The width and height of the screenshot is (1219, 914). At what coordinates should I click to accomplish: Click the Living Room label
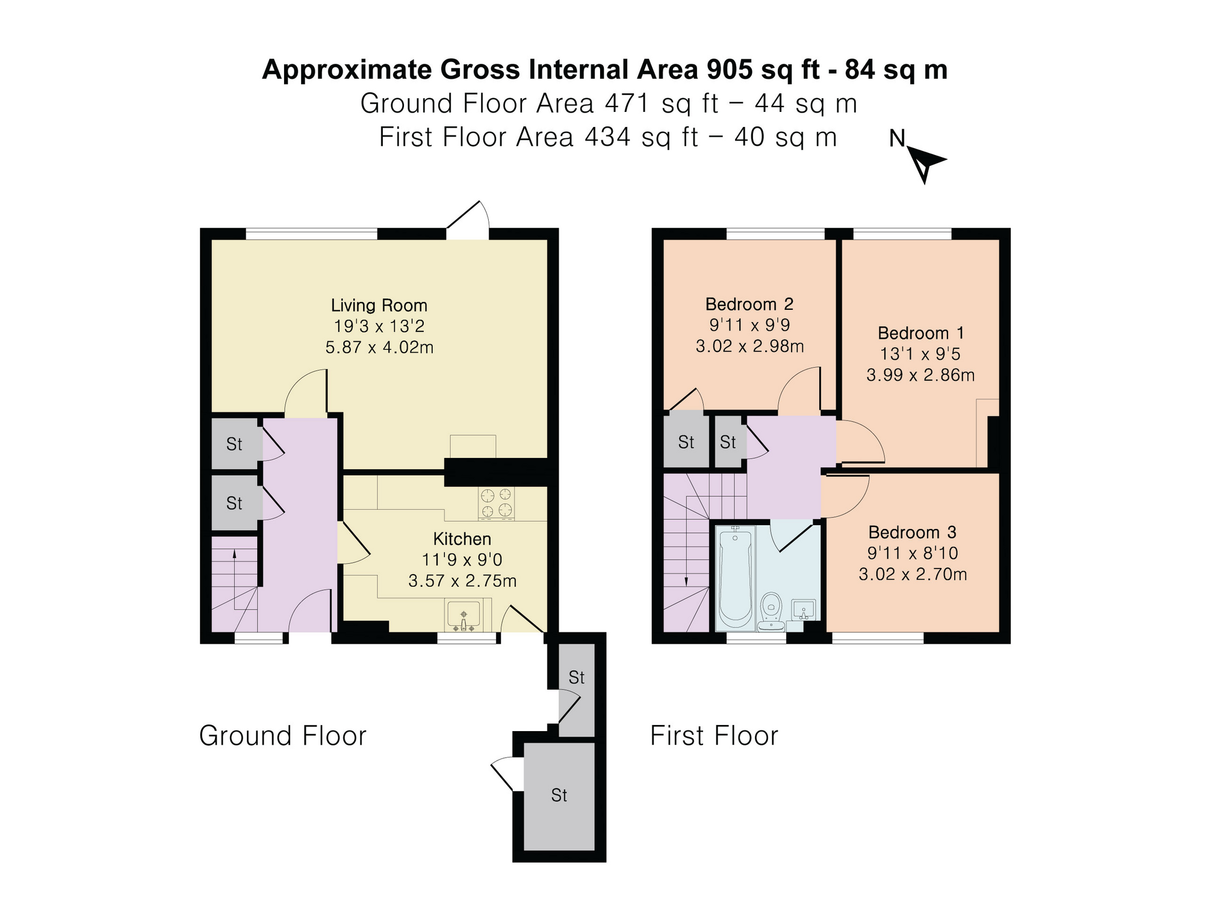379,306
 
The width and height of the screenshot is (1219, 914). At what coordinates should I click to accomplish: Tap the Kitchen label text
462,539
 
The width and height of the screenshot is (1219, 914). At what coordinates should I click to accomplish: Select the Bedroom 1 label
920,333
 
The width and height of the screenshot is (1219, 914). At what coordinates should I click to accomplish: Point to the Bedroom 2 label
749,304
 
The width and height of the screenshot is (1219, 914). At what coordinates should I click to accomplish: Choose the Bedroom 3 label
913,532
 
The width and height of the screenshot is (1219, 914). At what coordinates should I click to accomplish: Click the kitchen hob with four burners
497,503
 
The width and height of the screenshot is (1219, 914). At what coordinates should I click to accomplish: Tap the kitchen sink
463,616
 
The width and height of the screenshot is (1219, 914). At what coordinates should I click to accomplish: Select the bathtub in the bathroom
735,576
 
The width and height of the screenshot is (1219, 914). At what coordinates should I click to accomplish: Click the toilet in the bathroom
771,611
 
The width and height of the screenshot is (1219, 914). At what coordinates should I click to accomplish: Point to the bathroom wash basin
804,610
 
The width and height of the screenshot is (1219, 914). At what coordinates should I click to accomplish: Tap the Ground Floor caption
282,735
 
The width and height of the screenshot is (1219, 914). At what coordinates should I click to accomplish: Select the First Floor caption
714,735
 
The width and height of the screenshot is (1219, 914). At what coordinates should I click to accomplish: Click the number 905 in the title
730,69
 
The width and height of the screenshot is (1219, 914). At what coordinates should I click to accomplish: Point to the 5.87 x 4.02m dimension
379,347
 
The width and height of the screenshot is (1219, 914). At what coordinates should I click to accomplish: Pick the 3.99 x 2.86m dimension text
920,375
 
